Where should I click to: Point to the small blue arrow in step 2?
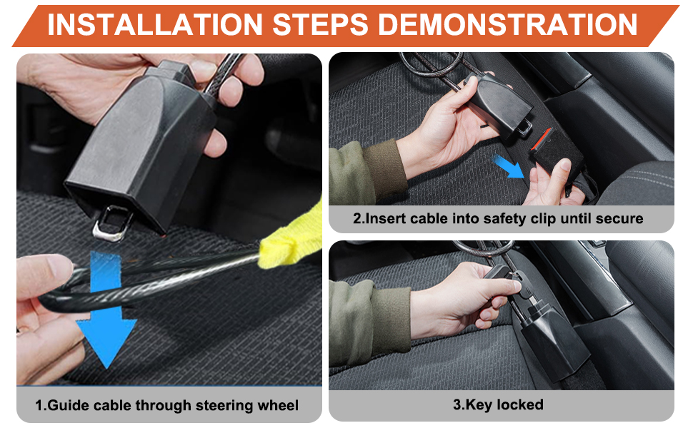tap(512, 168)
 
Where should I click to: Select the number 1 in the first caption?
tap(40, 407)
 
